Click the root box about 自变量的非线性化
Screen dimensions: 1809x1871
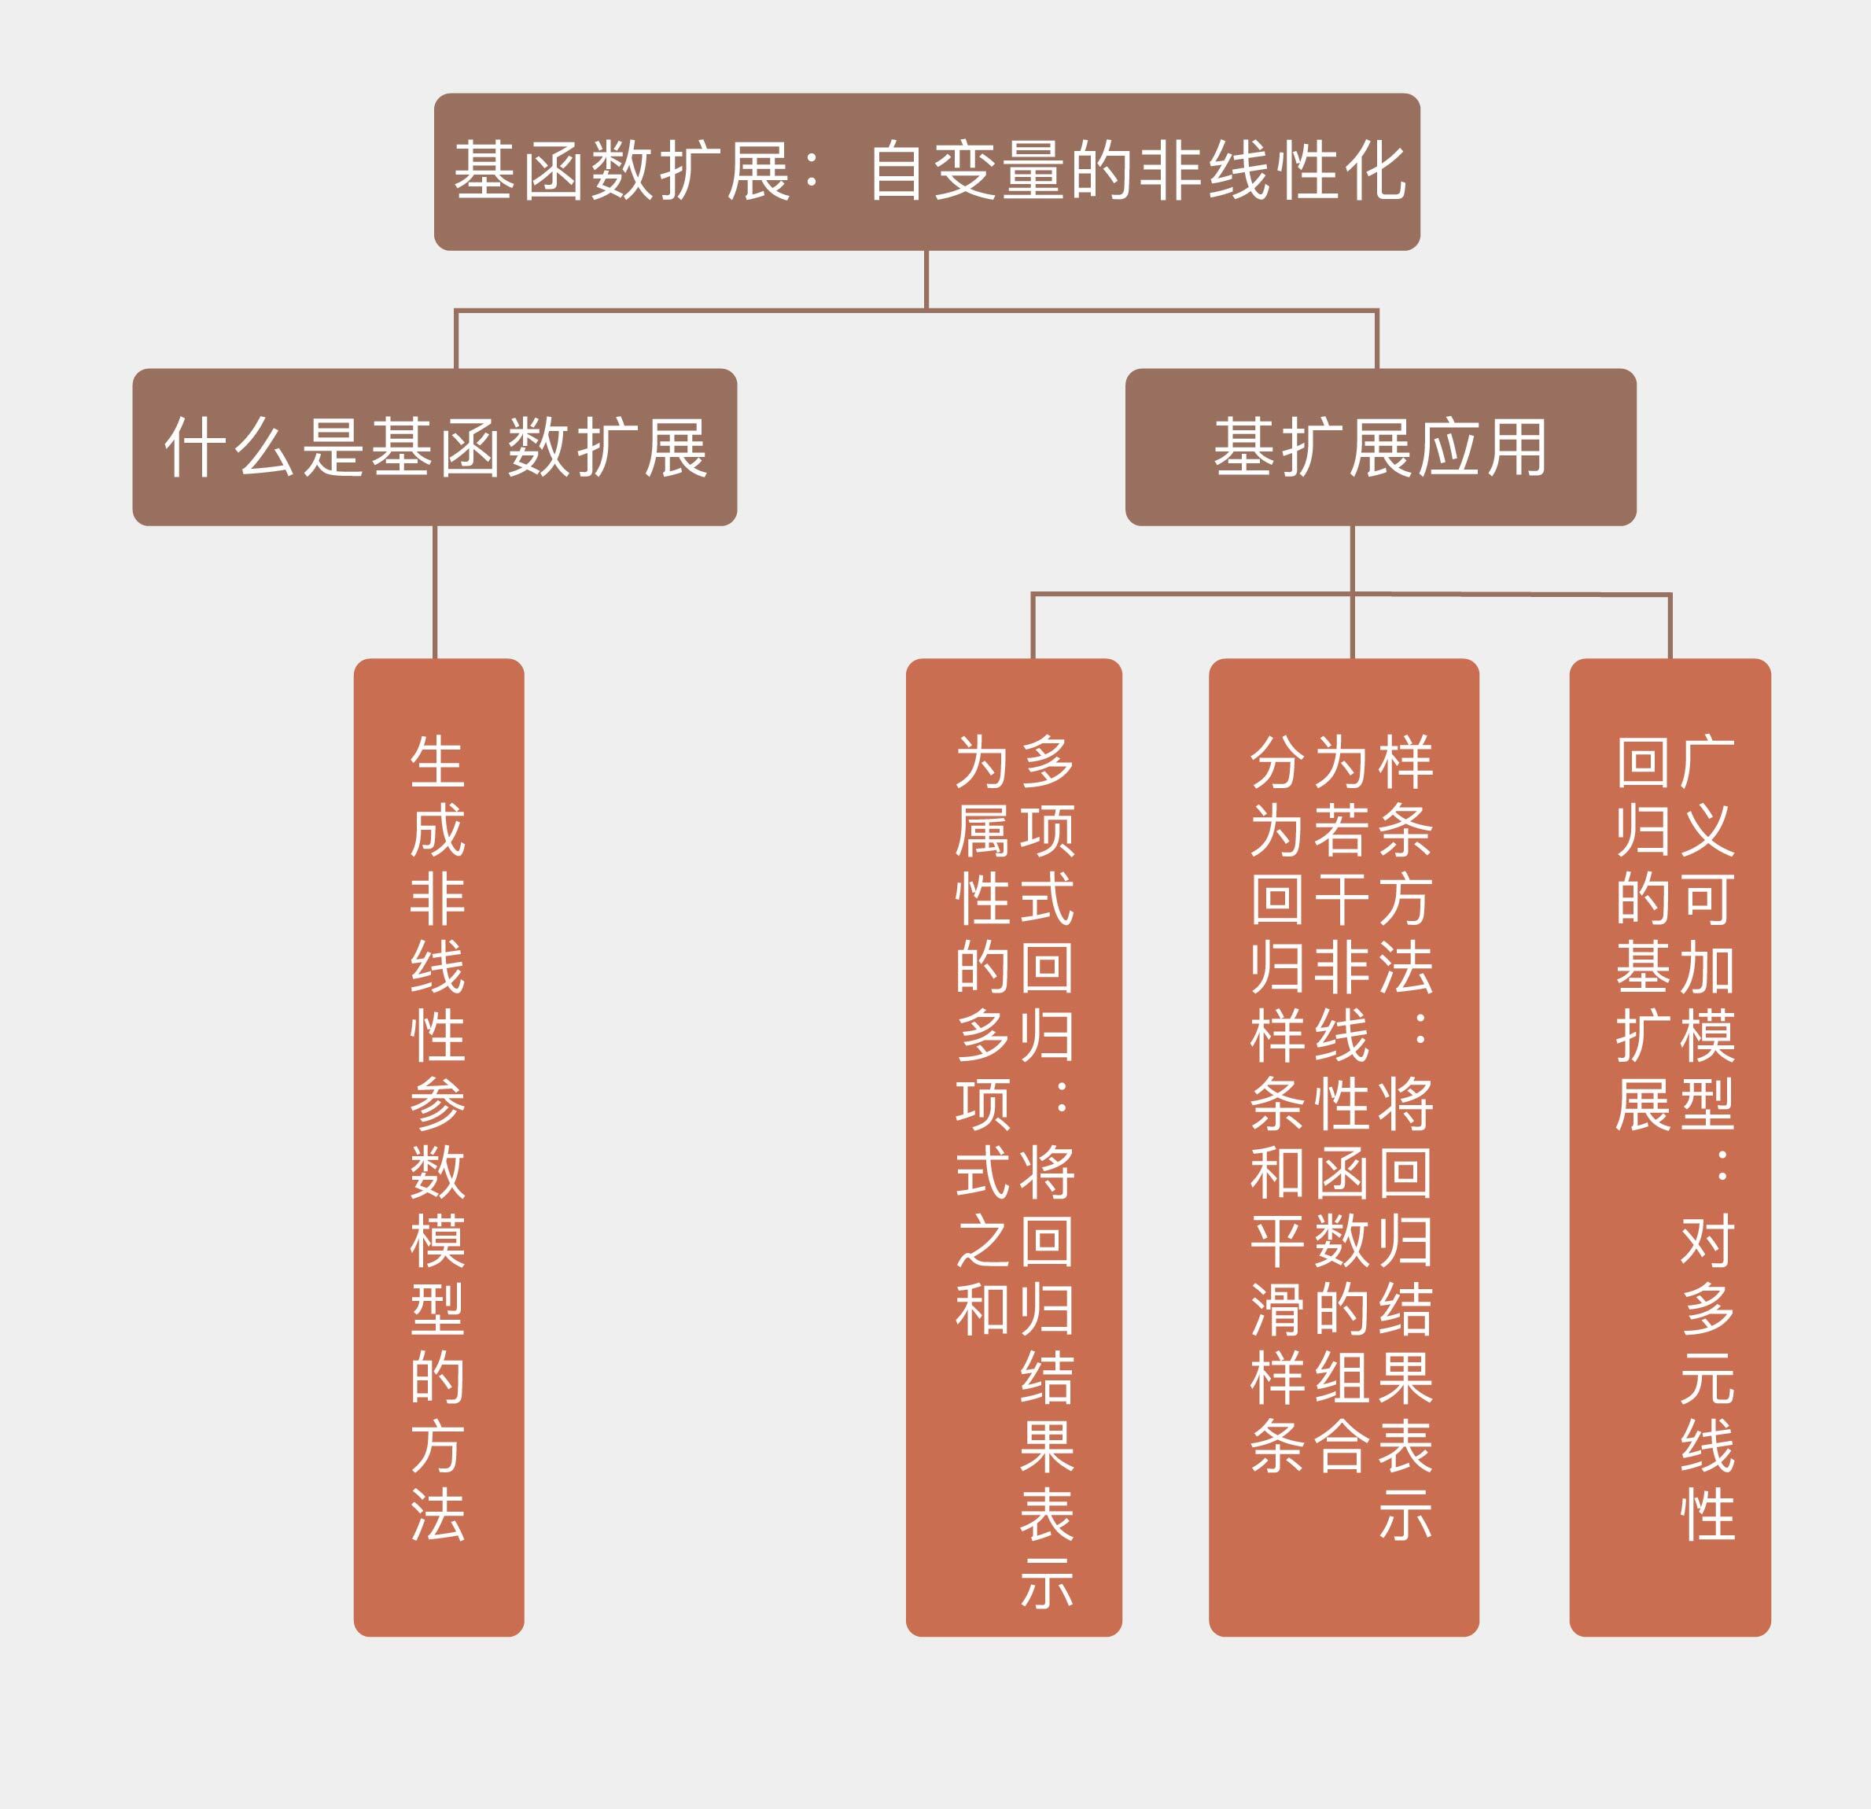[926, 171]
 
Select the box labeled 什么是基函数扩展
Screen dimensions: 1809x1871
[434, 447]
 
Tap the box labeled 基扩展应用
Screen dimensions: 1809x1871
[1380, 447]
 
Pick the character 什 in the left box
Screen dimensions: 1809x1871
[196, 447]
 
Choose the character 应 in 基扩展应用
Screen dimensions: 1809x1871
[1448, 447]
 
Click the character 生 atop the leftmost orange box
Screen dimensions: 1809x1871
[437, 762]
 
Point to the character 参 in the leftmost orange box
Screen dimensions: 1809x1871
[437, 1103]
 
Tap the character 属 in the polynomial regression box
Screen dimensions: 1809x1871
[982, 831]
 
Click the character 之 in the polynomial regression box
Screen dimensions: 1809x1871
[982, 1241]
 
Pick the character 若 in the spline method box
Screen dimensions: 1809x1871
[1342, 831]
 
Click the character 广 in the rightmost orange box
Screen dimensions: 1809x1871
[1707, 762]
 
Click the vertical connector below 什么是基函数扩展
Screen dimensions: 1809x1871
[434, 592]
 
